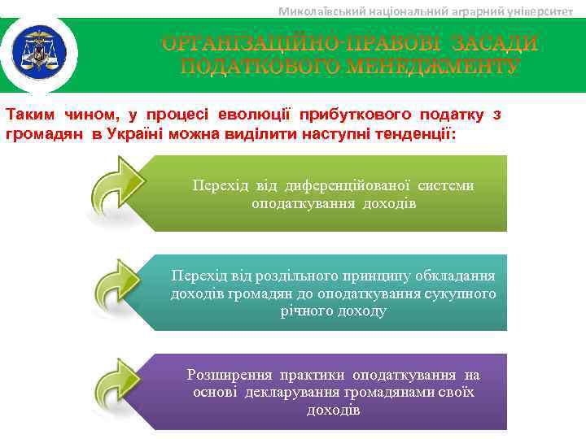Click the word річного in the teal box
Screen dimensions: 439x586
[303, 311]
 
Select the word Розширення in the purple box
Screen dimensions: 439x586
[228, 375]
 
